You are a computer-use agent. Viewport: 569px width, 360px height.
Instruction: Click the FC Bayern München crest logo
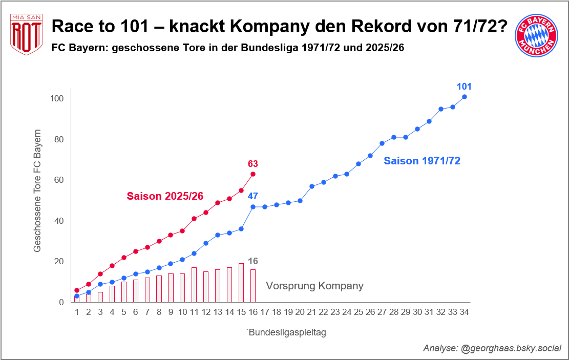536,35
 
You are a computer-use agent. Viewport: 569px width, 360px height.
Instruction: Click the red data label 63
252,164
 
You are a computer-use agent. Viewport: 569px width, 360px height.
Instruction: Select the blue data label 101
464,87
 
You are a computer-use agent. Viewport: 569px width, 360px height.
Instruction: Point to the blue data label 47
252,196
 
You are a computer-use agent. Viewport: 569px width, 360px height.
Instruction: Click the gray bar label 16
252,261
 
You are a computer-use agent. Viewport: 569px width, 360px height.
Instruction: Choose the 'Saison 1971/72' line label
422,161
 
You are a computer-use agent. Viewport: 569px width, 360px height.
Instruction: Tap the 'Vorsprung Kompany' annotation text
314,286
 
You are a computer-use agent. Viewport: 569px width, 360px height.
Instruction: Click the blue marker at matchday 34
465,97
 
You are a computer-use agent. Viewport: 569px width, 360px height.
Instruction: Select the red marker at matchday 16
252,174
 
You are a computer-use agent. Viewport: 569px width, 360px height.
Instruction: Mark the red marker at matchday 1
77,290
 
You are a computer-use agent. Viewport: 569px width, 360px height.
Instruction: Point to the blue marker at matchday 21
311,186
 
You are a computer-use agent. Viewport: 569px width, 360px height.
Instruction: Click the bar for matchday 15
241,283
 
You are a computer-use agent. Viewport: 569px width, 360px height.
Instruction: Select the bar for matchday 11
194,285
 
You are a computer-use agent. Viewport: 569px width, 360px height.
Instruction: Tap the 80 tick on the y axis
58,139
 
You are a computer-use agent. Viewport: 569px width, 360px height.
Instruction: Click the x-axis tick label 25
359,312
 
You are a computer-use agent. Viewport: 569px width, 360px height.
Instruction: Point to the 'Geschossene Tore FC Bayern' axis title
37,190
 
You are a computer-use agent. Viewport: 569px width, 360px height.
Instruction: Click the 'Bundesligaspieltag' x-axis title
287,332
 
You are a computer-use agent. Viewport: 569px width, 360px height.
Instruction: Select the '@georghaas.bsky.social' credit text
511,348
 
